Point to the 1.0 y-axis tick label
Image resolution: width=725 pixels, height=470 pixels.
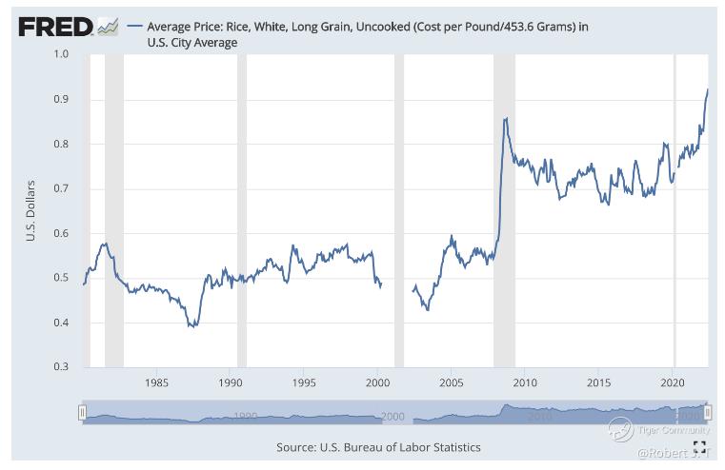tap(61, 55)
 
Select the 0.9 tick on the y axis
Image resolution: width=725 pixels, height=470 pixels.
tap(61, 100)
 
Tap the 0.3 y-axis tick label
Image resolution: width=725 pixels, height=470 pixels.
tap(61, 367)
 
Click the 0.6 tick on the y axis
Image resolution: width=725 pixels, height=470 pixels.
tap(61, 233)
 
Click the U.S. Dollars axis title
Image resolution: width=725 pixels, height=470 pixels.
tap(31, 211)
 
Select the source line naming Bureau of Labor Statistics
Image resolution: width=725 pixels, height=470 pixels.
tap(378, 447)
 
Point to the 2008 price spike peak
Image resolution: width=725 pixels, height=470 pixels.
tap(505, 118)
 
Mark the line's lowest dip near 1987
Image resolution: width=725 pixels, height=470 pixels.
tap(192, 326)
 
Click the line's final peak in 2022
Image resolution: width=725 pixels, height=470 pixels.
tap(708, 89)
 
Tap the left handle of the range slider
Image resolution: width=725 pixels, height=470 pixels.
tap(83, 413)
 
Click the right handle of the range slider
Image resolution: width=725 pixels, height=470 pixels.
tap(708, 413)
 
